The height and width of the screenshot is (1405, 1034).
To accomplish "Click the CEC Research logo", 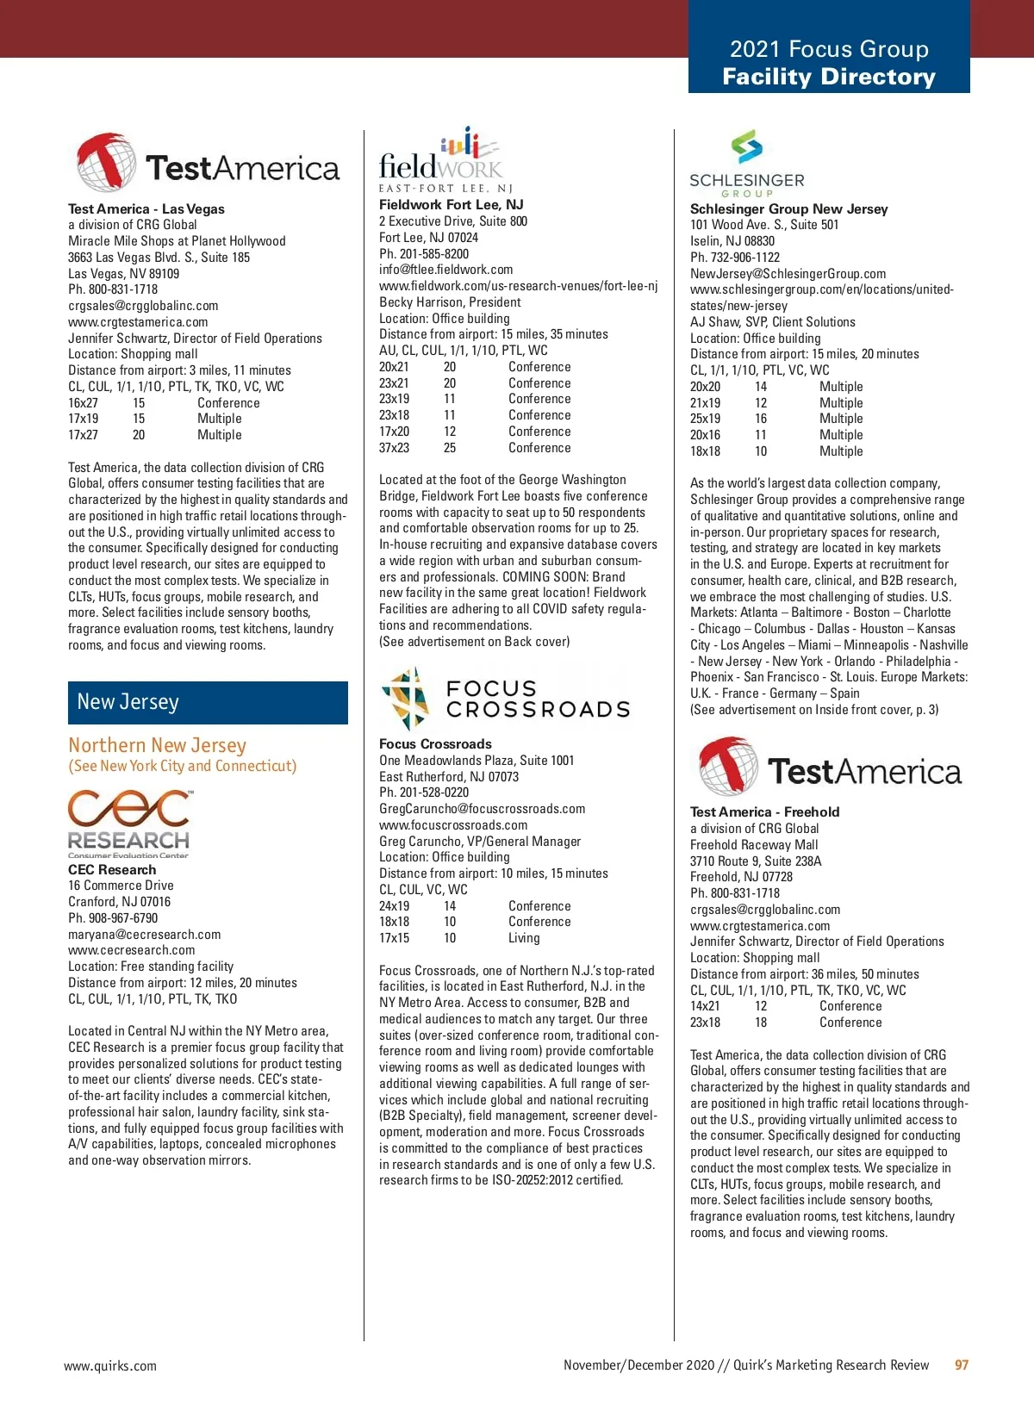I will click(x=129, y=824).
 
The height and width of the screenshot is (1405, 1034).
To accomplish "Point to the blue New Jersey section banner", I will click(x=208, y=703).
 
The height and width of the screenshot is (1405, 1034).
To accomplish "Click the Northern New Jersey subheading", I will click(x=158, y=745).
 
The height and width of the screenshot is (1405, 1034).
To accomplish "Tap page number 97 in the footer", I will click(x=962, y=1365).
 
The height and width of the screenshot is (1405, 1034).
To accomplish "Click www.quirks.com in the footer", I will click(x=110, y=1366).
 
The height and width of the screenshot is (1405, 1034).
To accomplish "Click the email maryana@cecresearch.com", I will click(x=145, y=935).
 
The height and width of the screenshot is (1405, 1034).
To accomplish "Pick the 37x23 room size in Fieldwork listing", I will click(x=395, y=448).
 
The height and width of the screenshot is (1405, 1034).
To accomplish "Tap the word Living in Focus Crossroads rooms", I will click(x=524, y=938).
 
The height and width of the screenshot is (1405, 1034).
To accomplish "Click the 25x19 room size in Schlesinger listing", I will click(x=705, y=419).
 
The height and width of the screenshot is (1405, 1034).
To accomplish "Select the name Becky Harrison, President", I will click(x=450, y=302).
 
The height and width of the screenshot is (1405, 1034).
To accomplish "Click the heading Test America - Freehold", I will click(x=764, y=811).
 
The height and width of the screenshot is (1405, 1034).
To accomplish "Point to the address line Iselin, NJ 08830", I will click(x=732, y=241).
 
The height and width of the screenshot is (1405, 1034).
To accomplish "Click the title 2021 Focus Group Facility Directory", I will click(x=829, y=63).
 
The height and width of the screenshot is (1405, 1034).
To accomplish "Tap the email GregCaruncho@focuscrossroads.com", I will click(x=482, y=809).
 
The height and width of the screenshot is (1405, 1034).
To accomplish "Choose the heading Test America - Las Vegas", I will click(x=146, y=208).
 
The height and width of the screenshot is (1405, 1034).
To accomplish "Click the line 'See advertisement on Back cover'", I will click(x=474, y=642).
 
